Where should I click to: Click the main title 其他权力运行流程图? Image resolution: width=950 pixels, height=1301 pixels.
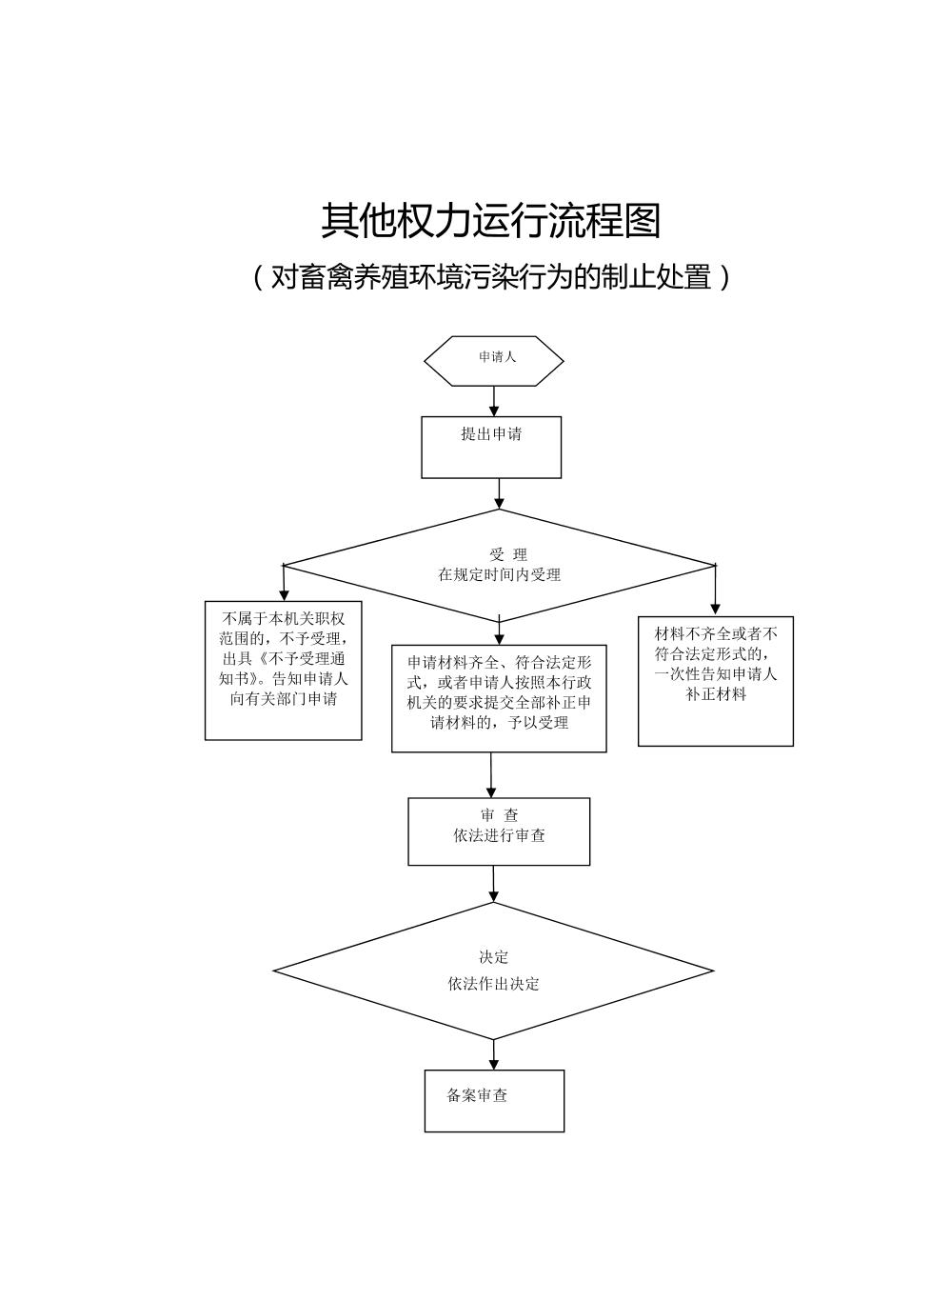[x=490, y=221]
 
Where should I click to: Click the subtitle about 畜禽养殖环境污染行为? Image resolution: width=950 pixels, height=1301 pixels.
[x=490, y=277]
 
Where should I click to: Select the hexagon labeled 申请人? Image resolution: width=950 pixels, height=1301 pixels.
[x=493, y=360]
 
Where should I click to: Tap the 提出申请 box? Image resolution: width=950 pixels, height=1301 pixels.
[x=491, y=447]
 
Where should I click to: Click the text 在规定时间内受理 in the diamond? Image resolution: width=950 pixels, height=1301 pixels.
[x=499, y=575]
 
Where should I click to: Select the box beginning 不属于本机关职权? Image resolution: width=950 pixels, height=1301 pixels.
[x=283, y=670]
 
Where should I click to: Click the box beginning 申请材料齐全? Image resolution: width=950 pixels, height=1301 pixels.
[x=499, y=698]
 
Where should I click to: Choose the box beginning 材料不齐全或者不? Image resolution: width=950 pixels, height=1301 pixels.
[x=715, y=680]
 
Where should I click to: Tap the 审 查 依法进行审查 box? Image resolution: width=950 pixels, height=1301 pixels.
[x=499, y=831]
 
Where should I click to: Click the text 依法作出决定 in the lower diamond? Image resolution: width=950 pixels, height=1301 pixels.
[x=493, y=984]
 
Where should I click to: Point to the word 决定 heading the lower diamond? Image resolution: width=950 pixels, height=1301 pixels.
[x=493, y=957]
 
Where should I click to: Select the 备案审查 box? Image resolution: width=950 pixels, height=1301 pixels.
[x=494, y=1100]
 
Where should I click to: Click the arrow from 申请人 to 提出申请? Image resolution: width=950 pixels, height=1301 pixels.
[x=493, y=400]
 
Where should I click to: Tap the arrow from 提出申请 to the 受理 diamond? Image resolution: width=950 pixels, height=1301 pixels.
[x=499, y=492]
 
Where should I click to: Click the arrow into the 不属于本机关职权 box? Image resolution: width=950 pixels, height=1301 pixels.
[x=284, y=583]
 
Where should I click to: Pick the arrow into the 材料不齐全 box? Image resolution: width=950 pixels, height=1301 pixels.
[x=715, y=590]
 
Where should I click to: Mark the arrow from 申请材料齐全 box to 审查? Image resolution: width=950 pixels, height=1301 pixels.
[x=491, y=775]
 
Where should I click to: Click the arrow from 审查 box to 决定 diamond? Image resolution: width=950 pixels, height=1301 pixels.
[x=493, y=884]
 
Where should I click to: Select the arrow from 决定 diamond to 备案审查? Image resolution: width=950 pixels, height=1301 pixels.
[x=494, y=1054]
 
